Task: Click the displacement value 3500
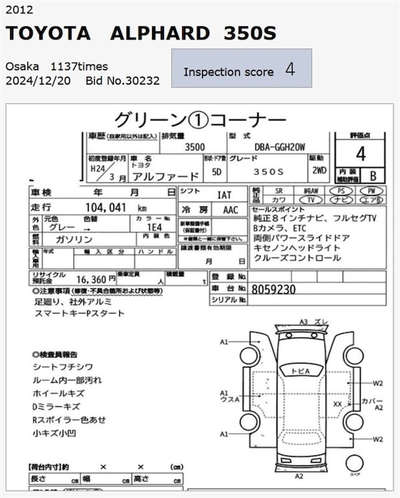[x=194, y=147]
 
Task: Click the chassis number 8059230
[x=273, y=290]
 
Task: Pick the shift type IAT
[x=224, y=194]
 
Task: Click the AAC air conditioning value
[x=229, y=209]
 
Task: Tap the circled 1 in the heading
[x=199, y=120]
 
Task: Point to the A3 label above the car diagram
[x=303, y=322]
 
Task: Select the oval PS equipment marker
[x=349, y=191]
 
